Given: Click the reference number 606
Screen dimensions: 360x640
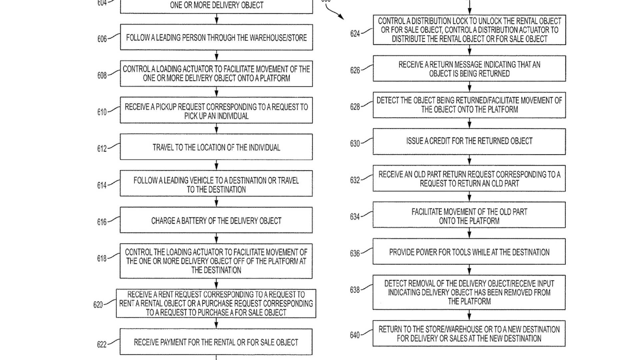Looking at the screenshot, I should point(102,39).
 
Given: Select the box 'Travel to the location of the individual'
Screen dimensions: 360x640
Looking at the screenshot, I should point(216,147).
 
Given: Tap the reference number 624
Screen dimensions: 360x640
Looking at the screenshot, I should point(355,34).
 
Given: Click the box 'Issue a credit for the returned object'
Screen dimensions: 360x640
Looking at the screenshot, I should point(469,141).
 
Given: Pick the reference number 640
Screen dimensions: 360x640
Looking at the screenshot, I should point(355,335).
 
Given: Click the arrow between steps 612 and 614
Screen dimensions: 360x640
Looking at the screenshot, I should point(217,165).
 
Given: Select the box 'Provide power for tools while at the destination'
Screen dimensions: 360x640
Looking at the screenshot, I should point(469,252).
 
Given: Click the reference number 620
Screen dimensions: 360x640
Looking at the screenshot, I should point(98,305).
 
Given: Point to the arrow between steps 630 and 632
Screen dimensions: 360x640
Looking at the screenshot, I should point(469,160).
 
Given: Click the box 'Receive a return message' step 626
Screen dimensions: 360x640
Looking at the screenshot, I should point(469,69).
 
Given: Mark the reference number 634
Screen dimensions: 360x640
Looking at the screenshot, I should point(355,217).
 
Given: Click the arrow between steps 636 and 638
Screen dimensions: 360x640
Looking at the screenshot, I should point(469,270).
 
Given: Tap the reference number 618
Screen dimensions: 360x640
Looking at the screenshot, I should point(102,258).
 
